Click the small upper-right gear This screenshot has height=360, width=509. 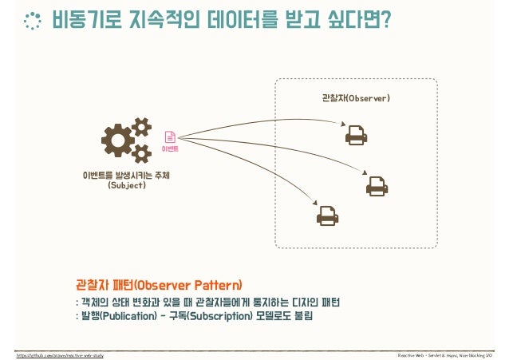coord(141,127)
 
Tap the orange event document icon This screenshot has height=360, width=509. coord(170,136)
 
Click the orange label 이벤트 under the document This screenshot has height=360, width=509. coord(170,148)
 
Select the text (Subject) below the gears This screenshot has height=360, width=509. coord(126,186)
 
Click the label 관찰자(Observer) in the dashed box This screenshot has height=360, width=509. coord(355,98)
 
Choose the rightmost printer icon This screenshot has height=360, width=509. coord(377,186)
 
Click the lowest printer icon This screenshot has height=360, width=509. coord(327,215)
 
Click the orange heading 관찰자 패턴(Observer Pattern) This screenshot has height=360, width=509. coord(158,285)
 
